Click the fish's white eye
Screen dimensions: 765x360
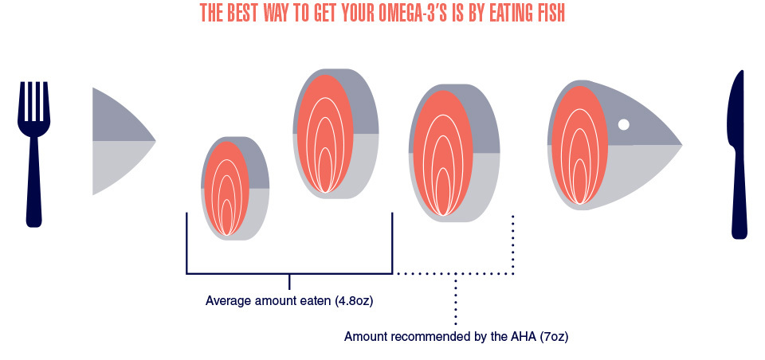(x=623, y=124)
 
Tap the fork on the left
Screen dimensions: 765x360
(x=33, y=155)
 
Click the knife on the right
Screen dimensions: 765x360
(x=738, y=155)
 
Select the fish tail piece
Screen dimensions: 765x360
(x=124, y=142)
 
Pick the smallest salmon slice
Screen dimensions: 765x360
(x=235, y=188)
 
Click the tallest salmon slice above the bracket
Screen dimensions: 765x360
(x=335, y=134)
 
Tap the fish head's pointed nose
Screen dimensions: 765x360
(x=681, y=145)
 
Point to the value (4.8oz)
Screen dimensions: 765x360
(x=354, y=301)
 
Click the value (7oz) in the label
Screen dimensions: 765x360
(x=555, y=337)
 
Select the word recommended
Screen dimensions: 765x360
(x=425, y=337)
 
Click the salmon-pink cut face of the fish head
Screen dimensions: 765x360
(x=579, y=145)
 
